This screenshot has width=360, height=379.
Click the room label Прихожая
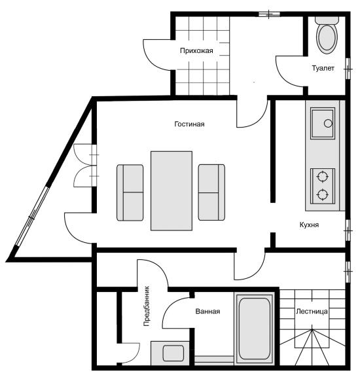[x=196, y=51]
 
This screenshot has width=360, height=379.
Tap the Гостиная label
[x=189, y=124]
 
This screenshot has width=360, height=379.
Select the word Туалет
[x=323, y=68]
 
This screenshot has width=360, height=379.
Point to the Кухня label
[x=309, y=225]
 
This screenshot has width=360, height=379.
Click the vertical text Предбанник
[x=147, y=306]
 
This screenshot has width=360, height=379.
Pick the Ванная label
[x=207, y=311]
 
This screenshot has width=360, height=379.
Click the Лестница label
[x=312, y=312]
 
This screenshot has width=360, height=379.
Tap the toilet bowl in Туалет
[x=327, y=39]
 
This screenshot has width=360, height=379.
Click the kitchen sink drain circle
[x=328, y=123]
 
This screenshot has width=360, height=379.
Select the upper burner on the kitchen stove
[x=322, y=176]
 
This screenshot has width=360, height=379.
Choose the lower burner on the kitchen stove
[x=322, y=194]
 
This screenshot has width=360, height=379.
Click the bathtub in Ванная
[x=254, y=329]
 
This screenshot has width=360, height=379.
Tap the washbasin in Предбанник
[x=173, y=353]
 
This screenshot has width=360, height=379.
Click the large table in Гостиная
[x=171, y=191]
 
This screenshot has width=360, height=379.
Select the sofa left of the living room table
[x=130, y=192]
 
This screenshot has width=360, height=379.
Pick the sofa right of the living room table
[x=211, y=192]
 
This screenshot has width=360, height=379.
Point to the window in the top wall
[x=269, y=14]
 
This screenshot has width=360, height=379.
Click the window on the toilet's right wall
[x=348, y=69]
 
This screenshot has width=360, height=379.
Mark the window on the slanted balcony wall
[x=31, y=217]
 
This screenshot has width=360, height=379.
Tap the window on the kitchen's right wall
[x=348, y=230]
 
